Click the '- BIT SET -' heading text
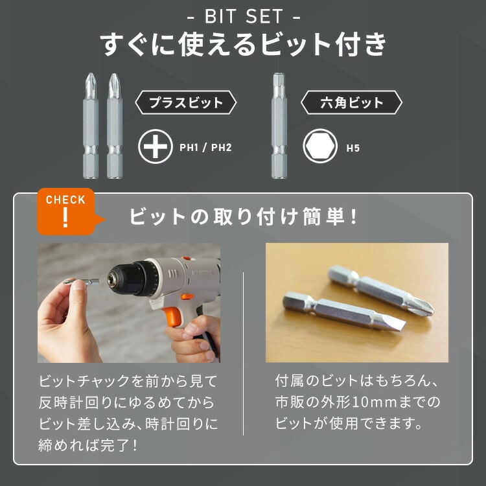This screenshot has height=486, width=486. pyautogui.click(x=243, y=14)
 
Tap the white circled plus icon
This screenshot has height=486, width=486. pyautogui.click(x=156, y=147)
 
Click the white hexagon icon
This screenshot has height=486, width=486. pyautogui.click(x=319, y=147)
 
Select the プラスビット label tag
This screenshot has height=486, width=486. pyautogui.click(x=186, y=102)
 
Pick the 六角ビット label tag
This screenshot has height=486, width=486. pyautogui.click(x=352, y=102)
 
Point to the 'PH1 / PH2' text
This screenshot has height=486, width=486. pyautogui.click(x=205, y=148)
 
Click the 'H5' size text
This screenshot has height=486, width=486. pyautogui.click(x=353, y=148)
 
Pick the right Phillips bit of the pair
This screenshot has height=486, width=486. pyautogui.click(x=113, y=126)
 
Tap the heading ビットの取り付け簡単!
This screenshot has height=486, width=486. pyautogui.click(x=243, y=216)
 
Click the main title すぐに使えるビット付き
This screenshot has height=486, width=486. pyautogui.click(x=243, y=45)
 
